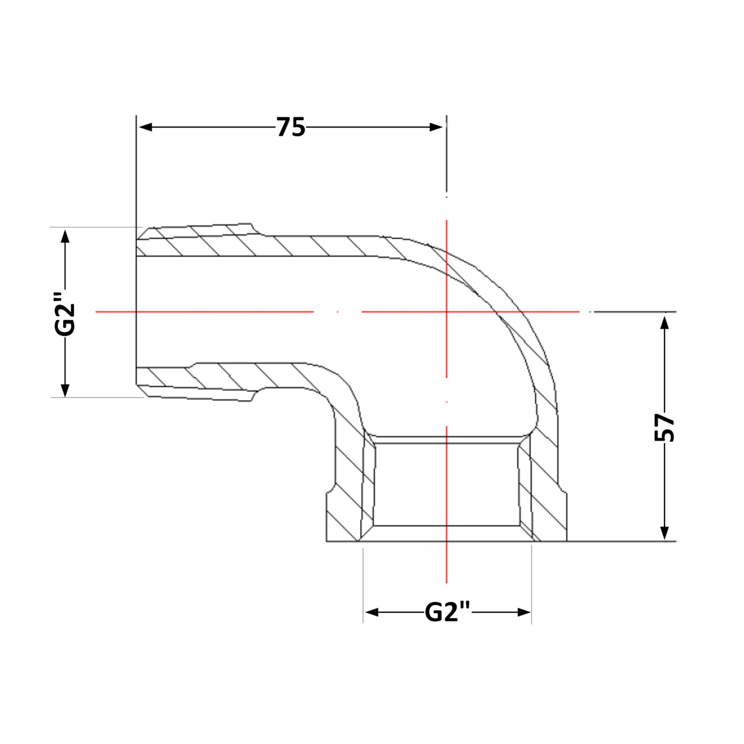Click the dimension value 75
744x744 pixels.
click(x=291, y=127)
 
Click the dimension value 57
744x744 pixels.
click(x=664, y=428)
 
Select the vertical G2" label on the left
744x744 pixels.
click(x=65, y=314)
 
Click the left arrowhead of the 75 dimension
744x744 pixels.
click(x=145, y=127)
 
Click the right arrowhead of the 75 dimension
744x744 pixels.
click(x=436, y=127)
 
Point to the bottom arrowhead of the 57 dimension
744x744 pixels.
click(x=664, y=533)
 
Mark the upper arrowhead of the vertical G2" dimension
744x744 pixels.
click(x=65, y=236)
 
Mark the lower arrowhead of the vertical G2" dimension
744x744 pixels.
click(x=65, y=390)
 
